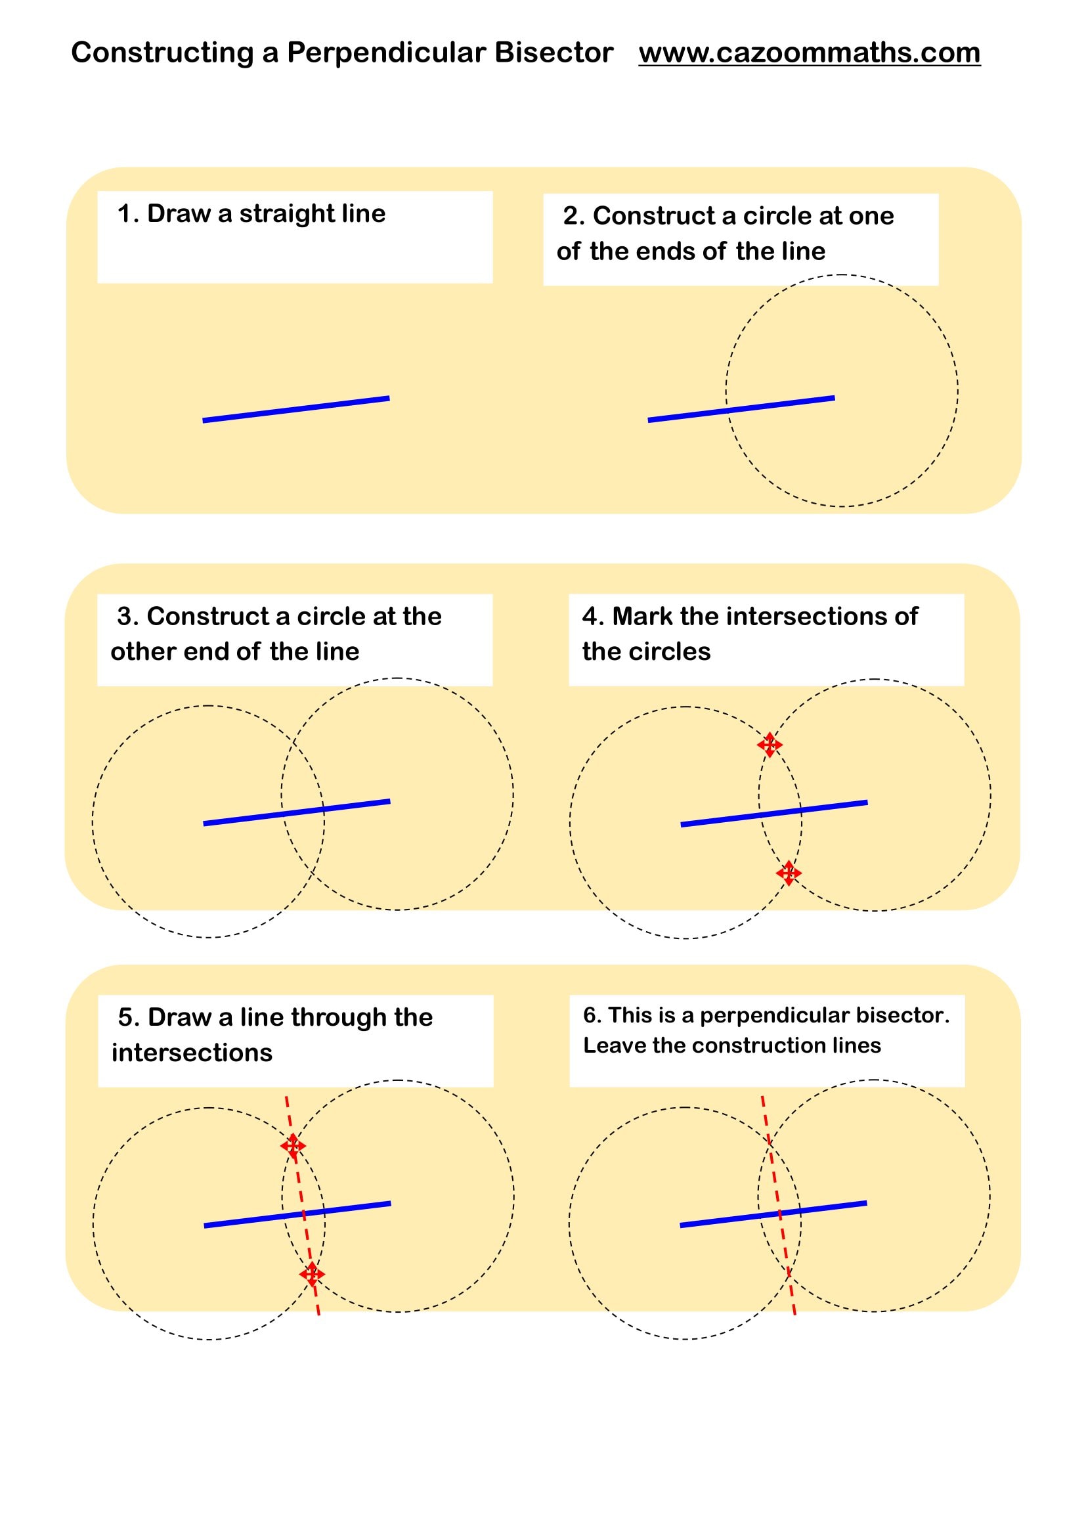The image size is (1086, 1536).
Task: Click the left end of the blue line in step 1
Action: (x=204, y=420)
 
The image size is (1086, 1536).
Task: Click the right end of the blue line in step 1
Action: (x=389, y=399)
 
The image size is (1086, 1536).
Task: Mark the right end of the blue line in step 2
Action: (x=835, y=398)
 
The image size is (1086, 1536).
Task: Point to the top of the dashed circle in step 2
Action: (x=842, y=275)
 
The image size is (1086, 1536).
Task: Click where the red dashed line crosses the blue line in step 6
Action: (x=779, y=1212)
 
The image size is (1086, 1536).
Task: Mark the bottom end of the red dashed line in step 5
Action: (x=319, y=1315)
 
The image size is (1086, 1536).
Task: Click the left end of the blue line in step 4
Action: (x=681, y=825)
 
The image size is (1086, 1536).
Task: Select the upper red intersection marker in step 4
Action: (x=770, y=745)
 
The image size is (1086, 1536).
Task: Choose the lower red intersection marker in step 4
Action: (x=789, y=873)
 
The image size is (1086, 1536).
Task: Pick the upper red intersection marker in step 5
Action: (x=293, y=1146)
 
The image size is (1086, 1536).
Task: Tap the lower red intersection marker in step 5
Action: (x=312, y=1275)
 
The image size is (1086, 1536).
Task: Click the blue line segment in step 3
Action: (x=297, y=812)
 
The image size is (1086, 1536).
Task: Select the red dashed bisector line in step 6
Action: (x=779, y=1206)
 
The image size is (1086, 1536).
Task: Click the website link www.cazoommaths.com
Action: (x=809, y=53)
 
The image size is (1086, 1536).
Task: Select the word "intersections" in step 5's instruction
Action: (x=192, y=1052)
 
